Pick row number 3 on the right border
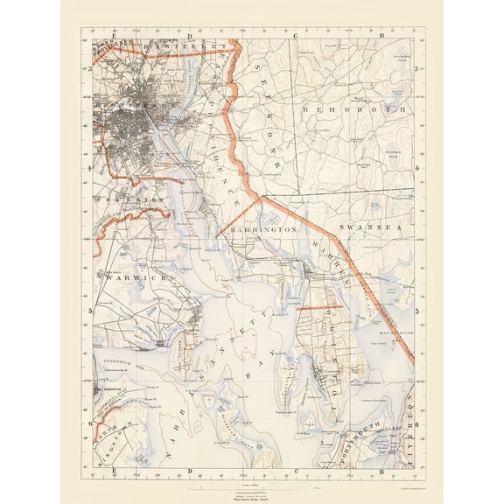coord(418,66)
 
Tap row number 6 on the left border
coord(89,423)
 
